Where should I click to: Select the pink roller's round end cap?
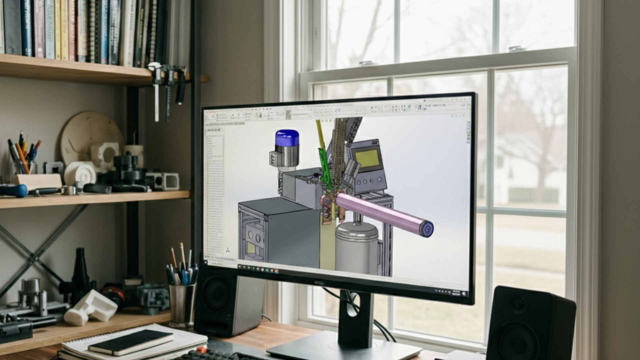point(427,229)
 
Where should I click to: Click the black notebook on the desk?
point(131,342)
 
